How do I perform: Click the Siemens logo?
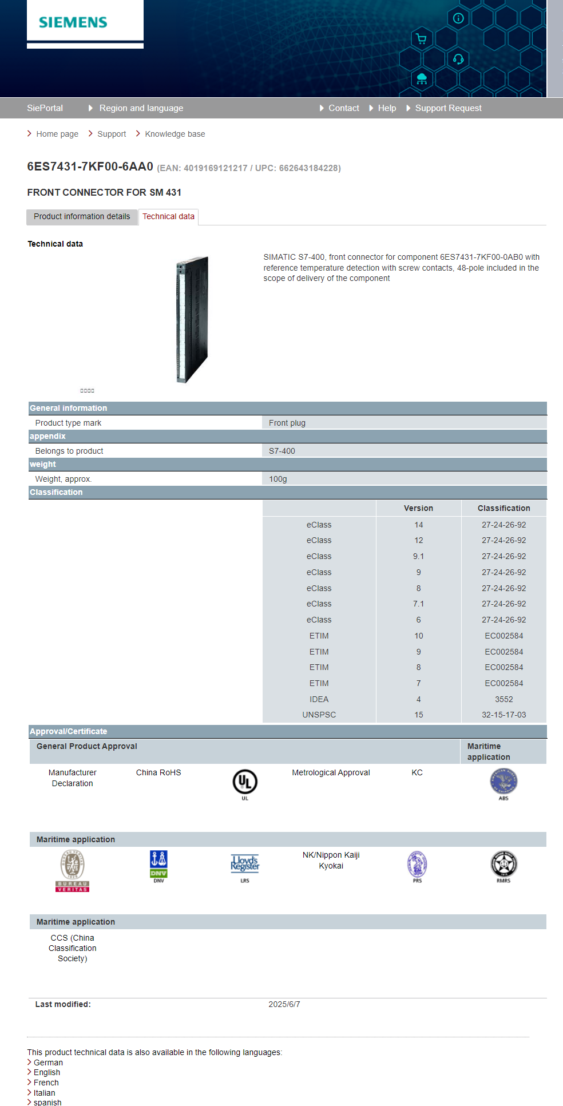pos(73,22)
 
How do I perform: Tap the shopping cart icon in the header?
pos(422,39)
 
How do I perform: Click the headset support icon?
pos(458,59)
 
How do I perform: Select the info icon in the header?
pos(458,18)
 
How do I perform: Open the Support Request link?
pos(448,108)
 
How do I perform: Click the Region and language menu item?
pos(141,108)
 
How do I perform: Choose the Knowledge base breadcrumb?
pos(175,134)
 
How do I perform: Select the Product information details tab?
pos(82,217)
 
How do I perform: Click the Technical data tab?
pos(168,217)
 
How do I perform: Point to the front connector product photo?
pos(192,319)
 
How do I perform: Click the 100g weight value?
pos(278,479)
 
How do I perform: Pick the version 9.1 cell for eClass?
pos(418,556)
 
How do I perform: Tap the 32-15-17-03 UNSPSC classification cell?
pos(503,715)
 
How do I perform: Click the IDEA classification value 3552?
pos(503,699)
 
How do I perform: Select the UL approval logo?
pos(245,782)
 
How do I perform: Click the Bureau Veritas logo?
pos(73,870)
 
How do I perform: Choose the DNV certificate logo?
pos(158,865)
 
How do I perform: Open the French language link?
pos(46,1083)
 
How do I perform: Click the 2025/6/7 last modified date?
pos(284,1004)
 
